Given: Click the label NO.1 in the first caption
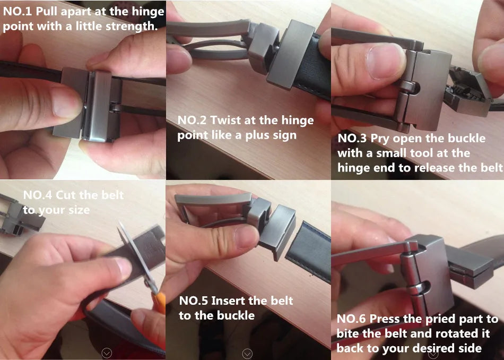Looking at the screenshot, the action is [18, 11].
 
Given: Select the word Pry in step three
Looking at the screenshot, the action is [380, 139].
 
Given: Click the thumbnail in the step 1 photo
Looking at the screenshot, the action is [64, 102].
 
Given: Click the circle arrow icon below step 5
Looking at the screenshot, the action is [247, 353].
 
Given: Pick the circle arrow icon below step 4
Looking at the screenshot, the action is [107, 353].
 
